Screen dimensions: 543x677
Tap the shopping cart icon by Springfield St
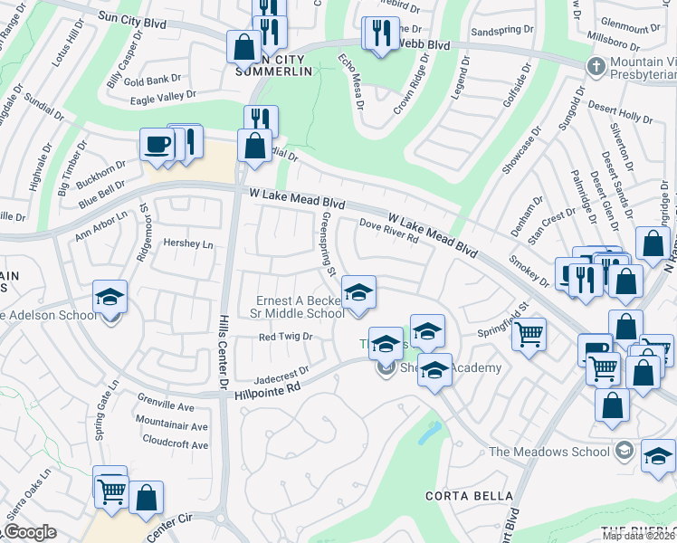point(529,334)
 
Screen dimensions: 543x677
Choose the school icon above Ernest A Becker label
point(358,293)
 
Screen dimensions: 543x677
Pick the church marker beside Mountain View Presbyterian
point(596,66)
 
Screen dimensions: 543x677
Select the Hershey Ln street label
point(187,243)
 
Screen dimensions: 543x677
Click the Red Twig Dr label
point(285,337)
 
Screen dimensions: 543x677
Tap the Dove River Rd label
point(388,232)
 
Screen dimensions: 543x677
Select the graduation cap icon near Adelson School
point(110,297)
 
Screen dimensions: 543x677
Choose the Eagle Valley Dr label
point(163,95)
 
